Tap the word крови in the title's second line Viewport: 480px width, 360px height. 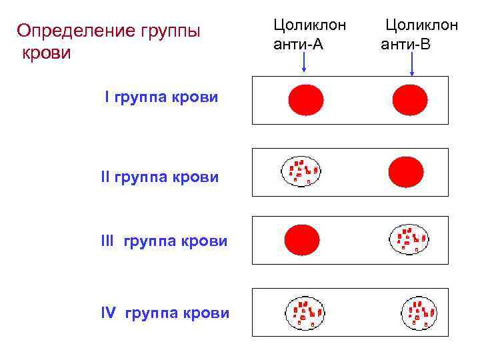pos(47,53)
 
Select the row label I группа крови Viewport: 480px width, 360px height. pos(161,97)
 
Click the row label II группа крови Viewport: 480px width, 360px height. pos(159,177)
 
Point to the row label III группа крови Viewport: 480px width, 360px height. pos(163,241)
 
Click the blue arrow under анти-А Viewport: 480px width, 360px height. pos(304,63)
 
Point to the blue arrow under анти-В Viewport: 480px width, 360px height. pos(412,65)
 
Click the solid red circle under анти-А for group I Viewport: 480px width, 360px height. pos(305,100)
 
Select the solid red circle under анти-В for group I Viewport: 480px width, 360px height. pos(410,100)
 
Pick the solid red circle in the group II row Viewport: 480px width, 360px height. pos(405,172)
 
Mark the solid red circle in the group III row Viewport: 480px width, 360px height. pos(302,240)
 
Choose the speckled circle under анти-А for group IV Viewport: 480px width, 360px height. pos(304,312)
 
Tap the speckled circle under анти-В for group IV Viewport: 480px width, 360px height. pos(419,312)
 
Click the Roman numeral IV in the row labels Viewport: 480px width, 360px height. pos(109,313)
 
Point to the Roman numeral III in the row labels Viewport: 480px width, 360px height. pos(107,241)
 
